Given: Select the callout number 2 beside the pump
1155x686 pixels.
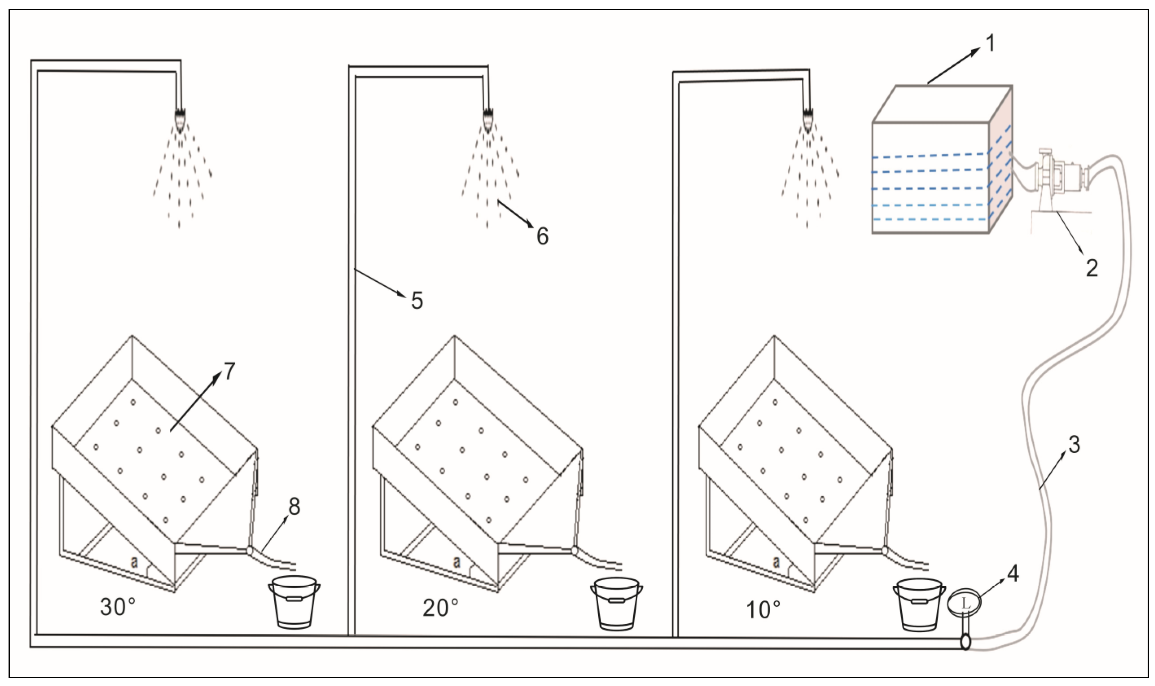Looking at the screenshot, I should (1091, 268).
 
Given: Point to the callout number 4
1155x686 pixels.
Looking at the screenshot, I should (1012, 574).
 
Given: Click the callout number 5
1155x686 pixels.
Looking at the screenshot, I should (416, 301).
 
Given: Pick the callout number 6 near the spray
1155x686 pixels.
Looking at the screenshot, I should (542, 236).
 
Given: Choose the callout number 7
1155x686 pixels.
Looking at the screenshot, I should (229, 371).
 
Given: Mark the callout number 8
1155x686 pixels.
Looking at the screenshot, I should (294, 506).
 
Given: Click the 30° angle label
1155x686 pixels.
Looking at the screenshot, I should (119, 607).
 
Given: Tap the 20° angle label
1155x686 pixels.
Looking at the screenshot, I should (440, 608).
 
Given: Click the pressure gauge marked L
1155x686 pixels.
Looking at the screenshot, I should (964, 604).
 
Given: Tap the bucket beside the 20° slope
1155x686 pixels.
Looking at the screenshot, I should (616, 603).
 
